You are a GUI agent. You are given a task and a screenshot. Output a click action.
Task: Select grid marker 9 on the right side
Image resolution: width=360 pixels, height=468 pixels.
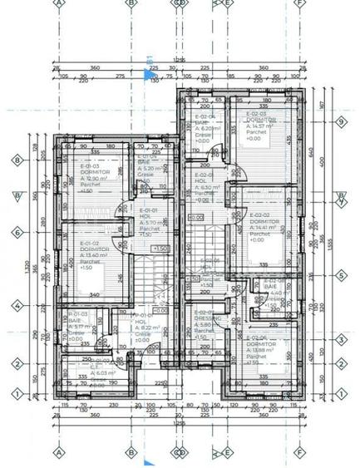[x=341, y=122]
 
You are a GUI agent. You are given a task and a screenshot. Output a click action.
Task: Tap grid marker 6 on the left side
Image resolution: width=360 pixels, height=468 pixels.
[x=16, y=234]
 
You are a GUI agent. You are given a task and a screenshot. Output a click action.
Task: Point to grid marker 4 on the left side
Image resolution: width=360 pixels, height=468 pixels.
[x=16, y=307]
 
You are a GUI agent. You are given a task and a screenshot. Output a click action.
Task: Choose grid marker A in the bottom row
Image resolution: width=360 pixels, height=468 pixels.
[x=59, y=454]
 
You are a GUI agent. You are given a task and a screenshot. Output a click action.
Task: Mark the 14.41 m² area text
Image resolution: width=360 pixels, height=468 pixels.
[x=261, y=227]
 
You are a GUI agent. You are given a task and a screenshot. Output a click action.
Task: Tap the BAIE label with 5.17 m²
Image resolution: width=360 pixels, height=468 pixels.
[x=74, y=321]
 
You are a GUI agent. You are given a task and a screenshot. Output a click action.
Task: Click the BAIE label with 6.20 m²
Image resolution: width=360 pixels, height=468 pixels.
[x=204, y=122]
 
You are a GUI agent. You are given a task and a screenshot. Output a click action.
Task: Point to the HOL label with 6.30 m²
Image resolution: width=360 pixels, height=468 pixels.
[x=204, y=181]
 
